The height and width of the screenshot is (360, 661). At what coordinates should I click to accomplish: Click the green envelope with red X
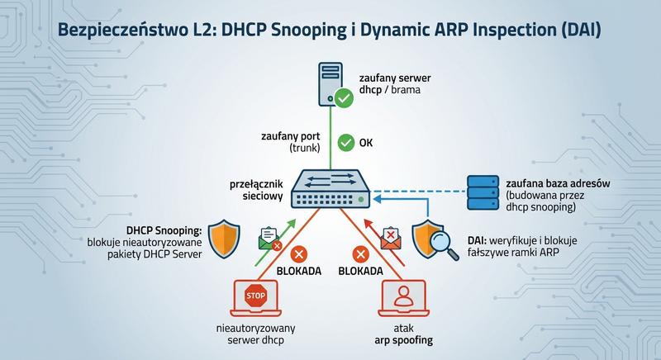point(270,239)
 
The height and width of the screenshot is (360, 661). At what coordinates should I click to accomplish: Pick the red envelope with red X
point(390,239)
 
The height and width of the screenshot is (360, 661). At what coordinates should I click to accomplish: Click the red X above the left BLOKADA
point(300,253)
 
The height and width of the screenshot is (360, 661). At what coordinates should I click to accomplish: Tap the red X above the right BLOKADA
point(359,253)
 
